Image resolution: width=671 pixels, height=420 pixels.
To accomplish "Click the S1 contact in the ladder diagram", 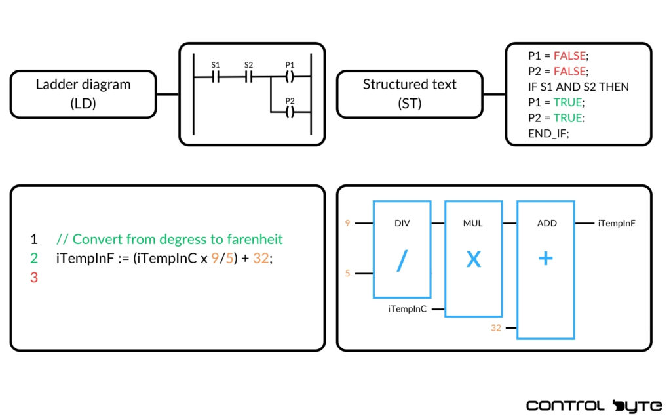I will pos(216,77).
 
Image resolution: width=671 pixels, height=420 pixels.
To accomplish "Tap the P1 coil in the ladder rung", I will pos(290,77).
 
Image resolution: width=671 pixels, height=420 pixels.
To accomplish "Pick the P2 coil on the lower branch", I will pos(290,112).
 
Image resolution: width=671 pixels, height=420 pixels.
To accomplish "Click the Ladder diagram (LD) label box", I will pos(83,94).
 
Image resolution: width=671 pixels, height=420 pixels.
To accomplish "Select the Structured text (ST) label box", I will pos(410,94).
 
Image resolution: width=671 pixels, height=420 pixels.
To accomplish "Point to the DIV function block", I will pos(402,249).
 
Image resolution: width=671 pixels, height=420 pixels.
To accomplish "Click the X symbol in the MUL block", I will pos(473,259).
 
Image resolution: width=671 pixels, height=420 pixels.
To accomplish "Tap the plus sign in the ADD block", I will pos(545,259).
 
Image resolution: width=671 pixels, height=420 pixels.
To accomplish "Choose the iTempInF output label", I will pos(617,223).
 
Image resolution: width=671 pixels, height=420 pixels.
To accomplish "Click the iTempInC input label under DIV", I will pos(408,308).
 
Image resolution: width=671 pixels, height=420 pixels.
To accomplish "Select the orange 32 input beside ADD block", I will pos(496,327).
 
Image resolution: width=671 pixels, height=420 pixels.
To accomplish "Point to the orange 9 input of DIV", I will pos(347,223).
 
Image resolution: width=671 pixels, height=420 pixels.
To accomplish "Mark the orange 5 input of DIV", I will pos(347,272).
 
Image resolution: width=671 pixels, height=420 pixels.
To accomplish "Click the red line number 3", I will pos(34,278).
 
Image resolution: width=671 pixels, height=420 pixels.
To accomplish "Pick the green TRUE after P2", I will pos(567,118).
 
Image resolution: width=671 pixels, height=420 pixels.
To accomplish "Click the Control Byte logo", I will pos(594,406).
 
